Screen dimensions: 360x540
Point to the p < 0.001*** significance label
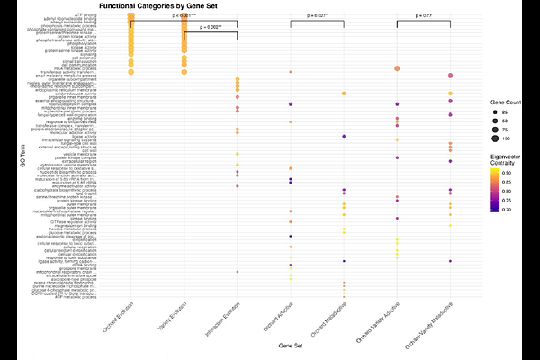[184, 16]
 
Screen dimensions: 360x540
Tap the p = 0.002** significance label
[210, 28]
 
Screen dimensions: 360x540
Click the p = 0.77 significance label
[423, 16]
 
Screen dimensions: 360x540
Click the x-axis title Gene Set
[290, 344]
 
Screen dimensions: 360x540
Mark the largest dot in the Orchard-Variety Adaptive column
[397, 68]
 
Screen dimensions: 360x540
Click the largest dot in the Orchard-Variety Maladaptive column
[449, 76]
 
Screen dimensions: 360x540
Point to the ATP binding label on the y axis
[111, 14]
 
